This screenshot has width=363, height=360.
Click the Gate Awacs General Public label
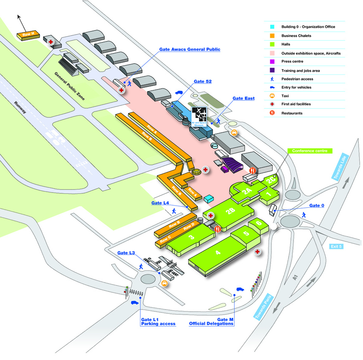tap(190, 50)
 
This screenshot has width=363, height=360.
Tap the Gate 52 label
tap(202, 81)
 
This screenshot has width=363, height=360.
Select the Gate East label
tap(243, 98)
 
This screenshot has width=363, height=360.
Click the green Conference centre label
tap(310, 151)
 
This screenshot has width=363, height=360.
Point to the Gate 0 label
tap(316, 206)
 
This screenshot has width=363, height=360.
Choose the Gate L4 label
tap(160, 203)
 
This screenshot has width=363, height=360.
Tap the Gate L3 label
tap(126, 253)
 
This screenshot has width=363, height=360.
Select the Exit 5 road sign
tap(335, 246)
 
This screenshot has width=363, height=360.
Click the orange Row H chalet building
tap(28, 35)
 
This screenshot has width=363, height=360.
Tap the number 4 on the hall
tap(218, 253)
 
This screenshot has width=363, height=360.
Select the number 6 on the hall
tap(258, 223)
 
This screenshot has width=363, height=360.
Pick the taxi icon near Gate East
tap(234, 133)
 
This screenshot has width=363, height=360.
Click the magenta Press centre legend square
tap(272, 61)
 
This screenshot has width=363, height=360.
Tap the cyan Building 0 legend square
tap(272, 27)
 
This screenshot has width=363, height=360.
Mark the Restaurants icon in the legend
tap(272, 113)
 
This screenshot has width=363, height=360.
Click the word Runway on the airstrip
tap(20, 108)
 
